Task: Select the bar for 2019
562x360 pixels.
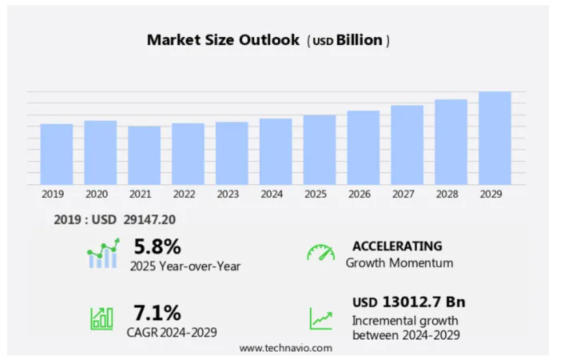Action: tap(57, 154)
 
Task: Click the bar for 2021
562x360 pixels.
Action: tap(144, 156)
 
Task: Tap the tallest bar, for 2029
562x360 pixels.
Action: tap(494, 138)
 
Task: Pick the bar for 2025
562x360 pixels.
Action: tap(320, 150)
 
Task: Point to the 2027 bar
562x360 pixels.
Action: tap(407, 145)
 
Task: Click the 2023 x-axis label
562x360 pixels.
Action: tap(228, 194)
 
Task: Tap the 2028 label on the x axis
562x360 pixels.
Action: tap(451, 194)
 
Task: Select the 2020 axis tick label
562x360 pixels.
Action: tap(96, 194)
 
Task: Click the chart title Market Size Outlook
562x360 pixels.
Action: tap(223, 40)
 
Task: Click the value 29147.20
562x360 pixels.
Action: tap(149, 220)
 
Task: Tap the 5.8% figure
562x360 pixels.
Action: tap(157, 247)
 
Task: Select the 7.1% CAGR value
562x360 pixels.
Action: tap(157, 313)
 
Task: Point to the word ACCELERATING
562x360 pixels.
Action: tap(397, 246)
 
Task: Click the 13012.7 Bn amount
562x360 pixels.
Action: tap(423, 302)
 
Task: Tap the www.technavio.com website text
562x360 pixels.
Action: tap(285, 348)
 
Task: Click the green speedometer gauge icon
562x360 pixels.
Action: tap(320, 253)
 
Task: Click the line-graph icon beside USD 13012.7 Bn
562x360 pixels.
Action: tap(320, 318)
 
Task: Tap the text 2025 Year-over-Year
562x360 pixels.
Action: tap(185, 266)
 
